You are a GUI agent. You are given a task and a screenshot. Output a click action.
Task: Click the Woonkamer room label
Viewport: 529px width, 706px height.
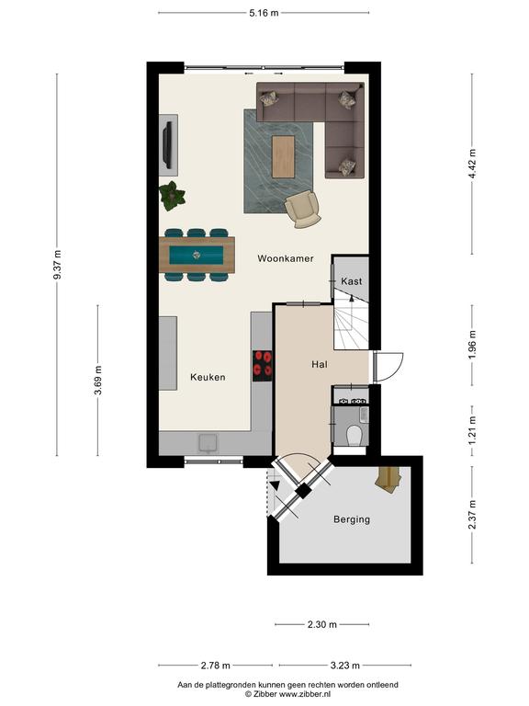coord(286,258)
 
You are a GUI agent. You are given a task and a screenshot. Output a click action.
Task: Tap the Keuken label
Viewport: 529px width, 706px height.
coord(208,377)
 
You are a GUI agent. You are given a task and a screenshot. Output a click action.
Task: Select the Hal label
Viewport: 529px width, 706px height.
coord(320,364)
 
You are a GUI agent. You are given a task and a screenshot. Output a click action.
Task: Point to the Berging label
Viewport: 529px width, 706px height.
coord(352,519)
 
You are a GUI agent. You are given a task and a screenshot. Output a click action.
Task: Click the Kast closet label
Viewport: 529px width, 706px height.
coord(352,281)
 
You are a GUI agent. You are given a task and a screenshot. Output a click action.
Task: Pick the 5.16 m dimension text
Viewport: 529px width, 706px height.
coord(264,13)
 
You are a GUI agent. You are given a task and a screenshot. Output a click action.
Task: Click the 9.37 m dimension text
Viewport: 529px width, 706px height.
coord(57,265)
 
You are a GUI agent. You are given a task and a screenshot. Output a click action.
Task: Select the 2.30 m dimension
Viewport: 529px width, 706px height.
coord(322,624)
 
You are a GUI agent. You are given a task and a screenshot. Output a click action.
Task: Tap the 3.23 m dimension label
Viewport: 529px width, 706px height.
coord(345,665)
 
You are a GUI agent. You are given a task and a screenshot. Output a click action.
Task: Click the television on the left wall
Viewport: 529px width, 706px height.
coord(168,144)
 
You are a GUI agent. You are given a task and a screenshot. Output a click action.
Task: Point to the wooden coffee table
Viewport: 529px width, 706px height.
coord(284,156)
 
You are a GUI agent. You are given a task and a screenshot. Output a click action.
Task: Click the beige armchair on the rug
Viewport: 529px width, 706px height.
coord(303,208)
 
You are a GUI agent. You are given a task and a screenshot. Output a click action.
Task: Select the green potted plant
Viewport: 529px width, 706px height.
coord(172,196)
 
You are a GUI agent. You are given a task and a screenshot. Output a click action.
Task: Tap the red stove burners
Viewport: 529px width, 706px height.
coord(263,364)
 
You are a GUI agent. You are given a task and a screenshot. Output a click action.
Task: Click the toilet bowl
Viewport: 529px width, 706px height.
coord(355,435)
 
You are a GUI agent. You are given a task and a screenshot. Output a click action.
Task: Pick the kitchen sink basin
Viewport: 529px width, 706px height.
coord(208,442)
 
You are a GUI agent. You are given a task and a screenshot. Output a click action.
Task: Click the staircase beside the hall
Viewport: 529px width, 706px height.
coord(351,319)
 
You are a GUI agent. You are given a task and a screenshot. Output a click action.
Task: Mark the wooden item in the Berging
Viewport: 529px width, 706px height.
coord(388,480)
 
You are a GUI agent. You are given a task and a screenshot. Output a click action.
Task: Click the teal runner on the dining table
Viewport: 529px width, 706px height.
coord(197,256)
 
